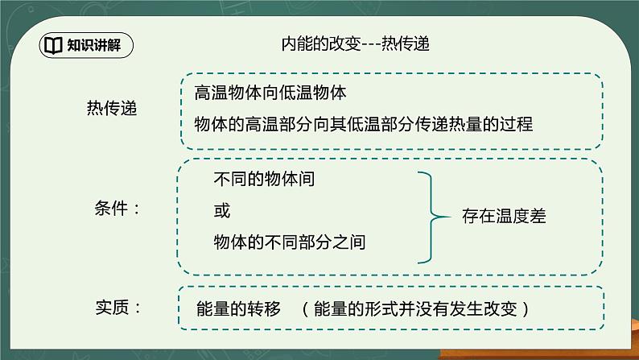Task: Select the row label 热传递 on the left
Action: [111, 109]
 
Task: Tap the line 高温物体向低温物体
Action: [270, 93]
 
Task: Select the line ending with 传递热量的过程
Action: [363, 125]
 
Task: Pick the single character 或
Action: [221, 211]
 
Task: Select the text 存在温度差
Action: [504, 217]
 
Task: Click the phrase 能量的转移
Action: [238, 308]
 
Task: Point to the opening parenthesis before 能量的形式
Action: [304, 308]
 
